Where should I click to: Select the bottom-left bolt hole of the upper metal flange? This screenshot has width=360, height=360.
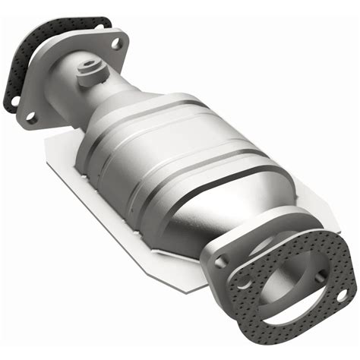pyautogui.click(x=31, y=118)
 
